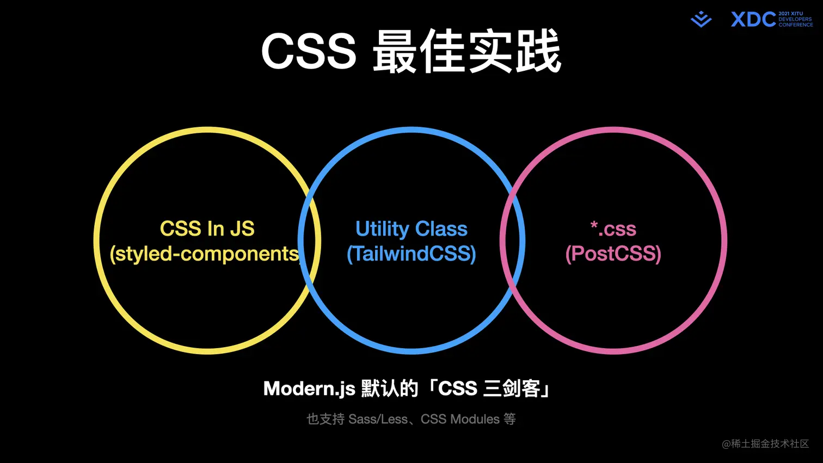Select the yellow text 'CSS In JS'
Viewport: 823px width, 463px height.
(x=207, y=229)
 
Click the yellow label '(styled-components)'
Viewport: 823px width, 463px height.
(x=206, y=254)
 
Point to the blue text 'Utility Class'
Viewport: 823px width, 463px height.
(x=411, y=229)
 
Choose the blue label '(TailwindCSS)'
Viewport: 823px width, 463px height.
(x=411, y=254)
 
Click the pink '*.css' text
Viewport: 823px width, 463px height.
(x=613, y=229)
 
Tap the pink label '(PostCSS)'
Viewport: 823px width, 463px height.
(x=613, y=254)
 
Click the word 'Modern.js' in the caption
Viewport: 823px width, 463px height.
(x=309, y=389)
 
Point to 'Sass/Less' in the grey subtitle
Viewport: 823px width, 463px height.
(x=378, y=419)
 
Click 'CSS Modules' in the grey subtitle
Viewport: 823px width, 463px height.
(x=460, y=419)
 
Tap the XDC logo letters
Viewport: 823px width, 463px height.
(x=753, y=20)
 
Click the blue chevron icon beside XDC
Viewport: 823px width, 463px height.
(x=701, y=20)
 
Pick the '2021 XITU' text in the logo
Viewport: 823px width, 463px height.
(x=790, y=14)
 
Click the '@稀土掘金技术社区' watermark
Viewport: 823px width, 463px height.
(x=765, y=444)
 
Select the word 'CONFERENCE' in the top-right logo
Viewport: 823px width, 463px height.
(x=795, y=25)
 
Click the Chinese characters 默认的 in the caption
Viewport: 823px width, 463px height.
(x=390, y=389)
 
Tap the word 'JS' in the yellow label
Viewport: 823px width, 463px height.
(x=242, y=229)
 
